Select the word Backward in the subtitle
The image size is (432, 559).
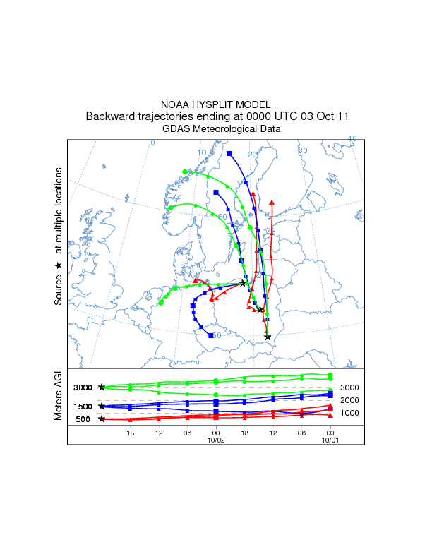(110, 116)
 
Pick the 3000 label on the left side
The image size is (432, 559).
(83, 387)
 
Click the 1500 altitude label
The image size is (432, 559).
(83, 407)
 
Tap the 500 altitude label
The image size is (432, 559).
(83, 419)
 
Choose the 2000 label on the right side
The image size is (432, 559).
(350, 400)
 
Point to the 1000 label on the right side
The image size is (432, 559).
(350, 413)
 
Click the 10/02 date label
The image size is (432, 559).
(215, 440)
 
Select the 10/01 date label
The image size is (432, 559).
(330, 440)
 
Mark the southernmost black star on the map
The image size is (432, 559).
(268, 337)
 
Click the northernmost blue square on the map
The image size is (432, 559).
(229, 153)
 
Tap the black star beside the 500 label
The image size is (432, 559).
(102, 419)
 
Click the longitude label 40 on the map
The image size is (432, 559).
(352, 138)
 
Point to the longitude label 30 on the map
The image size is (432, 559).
(303, 150)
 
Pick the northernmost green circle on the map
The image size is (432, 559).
(185, 172)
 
